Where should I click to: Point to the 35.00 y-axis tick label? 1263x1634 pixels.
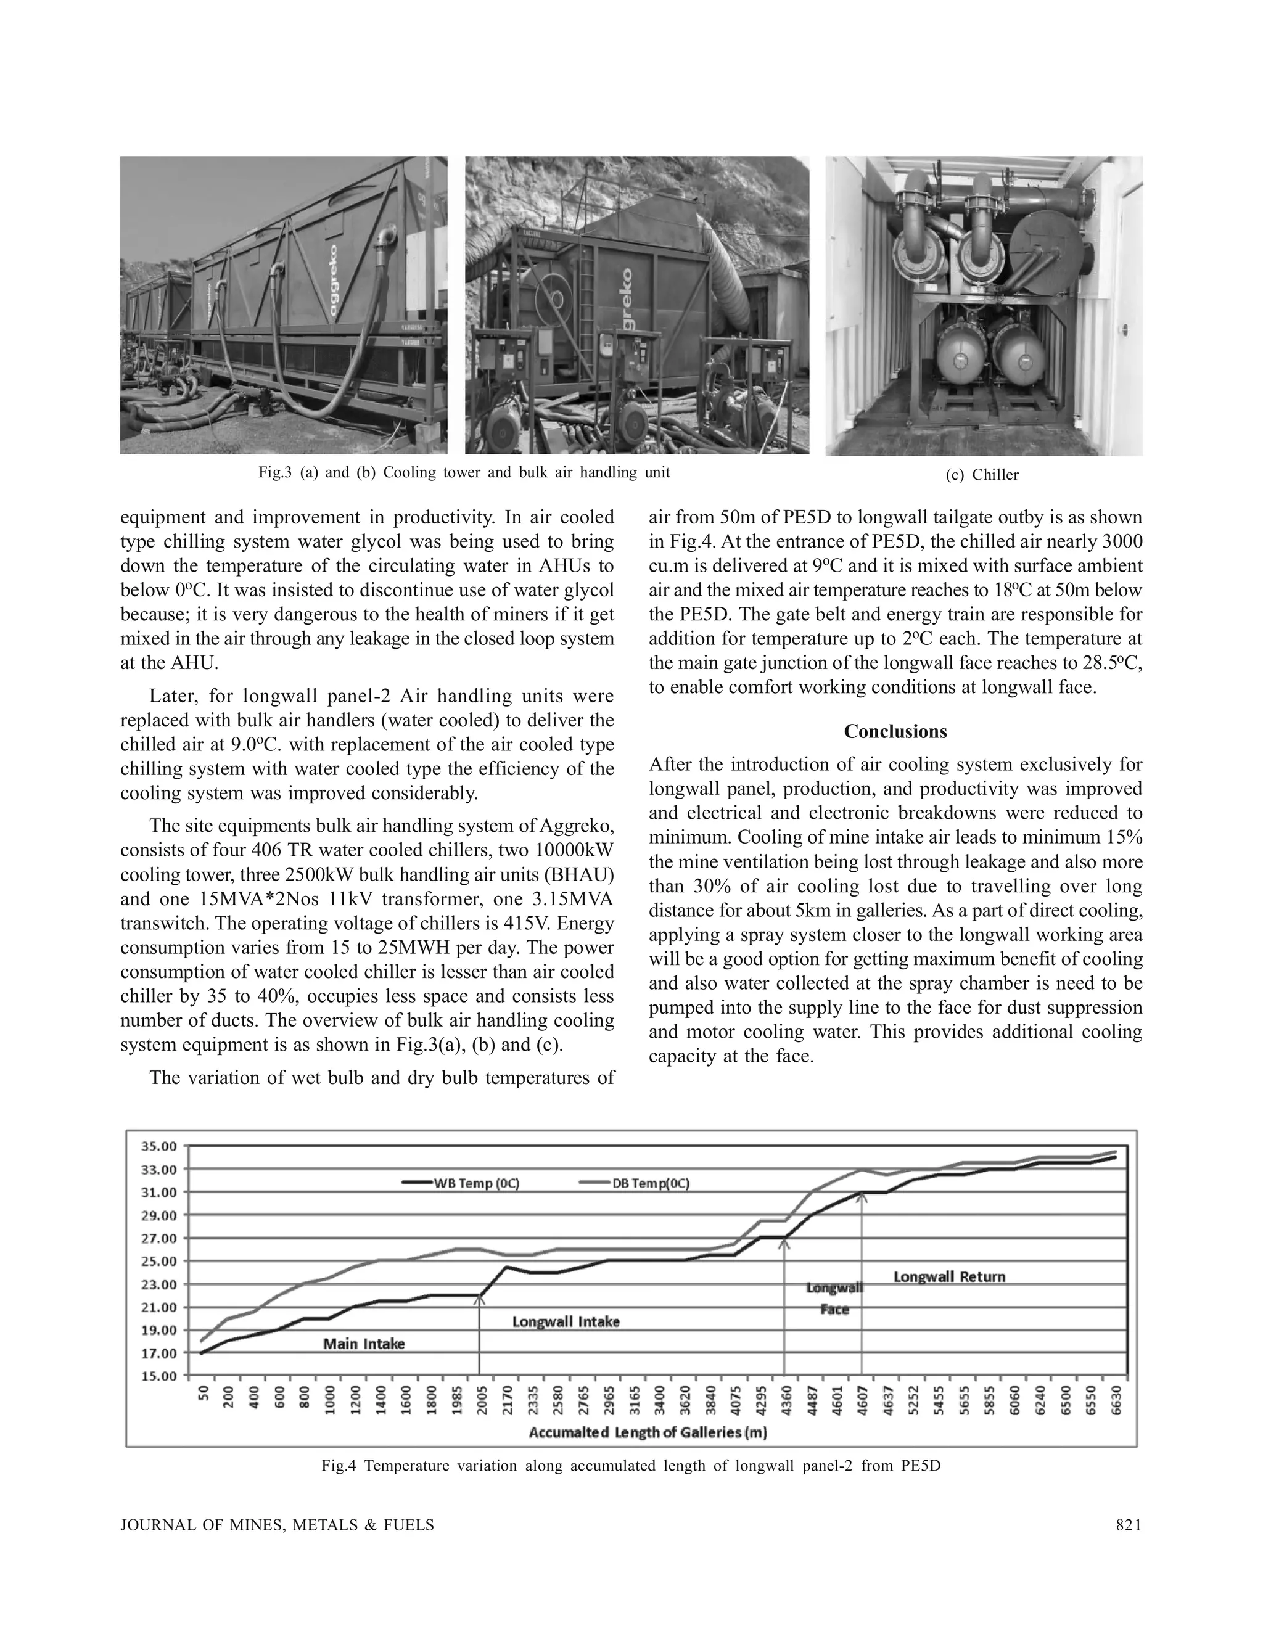(158, 1146)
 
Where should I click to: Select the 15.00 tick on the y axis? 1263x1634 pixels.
(158, 1376)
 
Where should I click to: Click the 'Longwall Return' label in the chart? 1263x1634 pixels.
(950, 1276)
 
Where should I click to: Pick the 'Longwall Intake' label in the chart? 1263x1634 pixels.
(566, 1322)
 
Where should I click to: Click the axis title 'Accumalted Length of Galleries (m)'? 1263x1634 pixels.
(648, 1433)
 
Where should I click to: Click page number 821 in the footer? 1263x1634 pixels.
(1129, 1525)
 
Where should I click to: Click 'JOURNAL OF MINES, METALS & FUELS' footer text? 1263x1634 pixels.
(277, 1525)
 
